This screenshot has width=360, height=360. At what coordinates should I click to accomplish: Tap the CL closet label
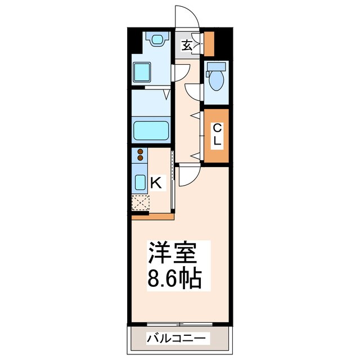(x=217, y=134)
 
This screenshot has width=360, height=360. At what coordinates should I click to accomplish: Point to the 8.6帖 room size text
(x=174, y=279)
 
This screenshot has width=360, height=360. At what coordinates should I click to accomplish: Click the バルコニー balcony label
(x=178, y=339)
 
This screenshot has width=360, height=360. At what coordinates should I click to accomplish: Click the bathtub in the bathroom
(x=151, y=130)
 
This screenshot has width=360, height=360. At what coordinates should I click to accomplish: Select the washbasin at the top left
(x=157, y=40)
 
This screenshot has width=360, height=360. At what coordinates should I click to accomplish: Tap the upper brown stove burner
(x=139, y=152)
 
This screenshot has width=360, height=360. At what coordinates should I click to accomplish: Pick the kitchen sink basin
(x=140, y=181)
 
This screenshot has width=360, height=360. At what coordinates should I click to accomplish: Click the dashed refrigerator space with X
(x=140, y=202)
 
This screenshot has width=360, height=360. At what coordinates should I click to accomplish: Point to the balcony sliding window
(x=180, y=325)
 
